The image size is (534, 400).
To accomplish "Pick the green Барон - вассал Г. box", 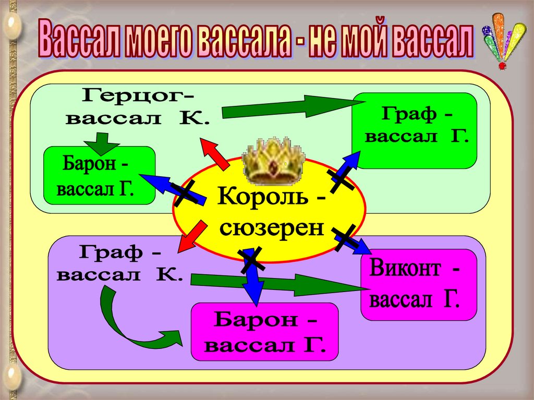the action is (x=99, y=175).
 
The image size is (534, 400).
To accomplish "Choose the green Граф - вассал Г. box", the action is (x=415, y=130).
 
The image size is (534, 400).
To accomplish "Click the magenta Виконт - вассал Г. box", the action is (x=418, y=284).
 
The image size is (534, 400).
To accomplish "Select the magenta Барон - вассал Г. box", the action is (x=265, y=332).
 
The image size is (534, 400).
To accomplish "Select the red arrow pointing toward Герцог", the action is (x=214, y=154).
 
